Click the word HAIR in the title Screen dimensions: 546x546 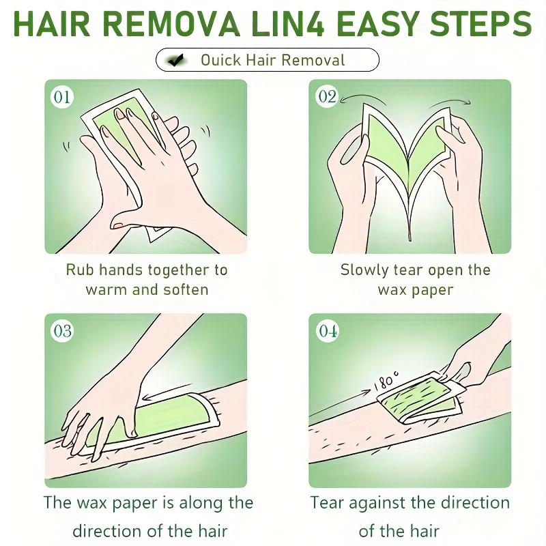tap(52, 24)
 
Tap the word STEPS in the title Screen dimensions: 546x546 tap(480, 24)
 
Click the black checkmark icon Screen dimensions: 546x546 tap(176, 60)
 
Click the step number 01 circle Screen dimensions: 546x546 tap(62, 96)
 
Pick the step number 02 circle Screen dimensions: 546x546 tap(327, 96)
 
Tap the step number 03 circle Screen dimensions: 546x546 tap(62, 330)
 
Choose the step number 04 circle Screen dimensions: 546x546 tap(327, 330)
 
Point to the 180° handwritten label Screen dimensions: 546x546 tap(386, 380)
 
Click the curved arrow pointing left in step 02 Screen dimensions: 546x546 tap(362, 96)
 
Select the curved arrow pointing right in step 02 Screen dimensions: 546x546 tap(450, 101)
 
